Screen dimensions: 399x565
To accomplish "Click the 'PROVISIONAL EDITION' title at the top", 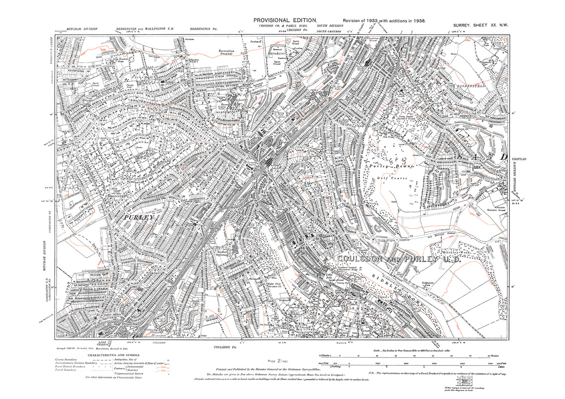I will pos(285,20).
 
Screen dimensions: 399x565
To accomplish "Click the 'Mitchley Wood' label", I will pos(455,253).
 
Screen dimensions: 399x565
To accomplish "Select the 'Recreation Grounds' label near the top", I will pos(226,53).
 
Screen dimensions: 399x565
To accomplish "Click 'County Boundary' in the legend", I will pos(66,360).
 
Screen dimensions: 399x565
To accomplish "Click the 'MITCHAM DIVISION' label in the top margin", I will pos(82,29).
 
